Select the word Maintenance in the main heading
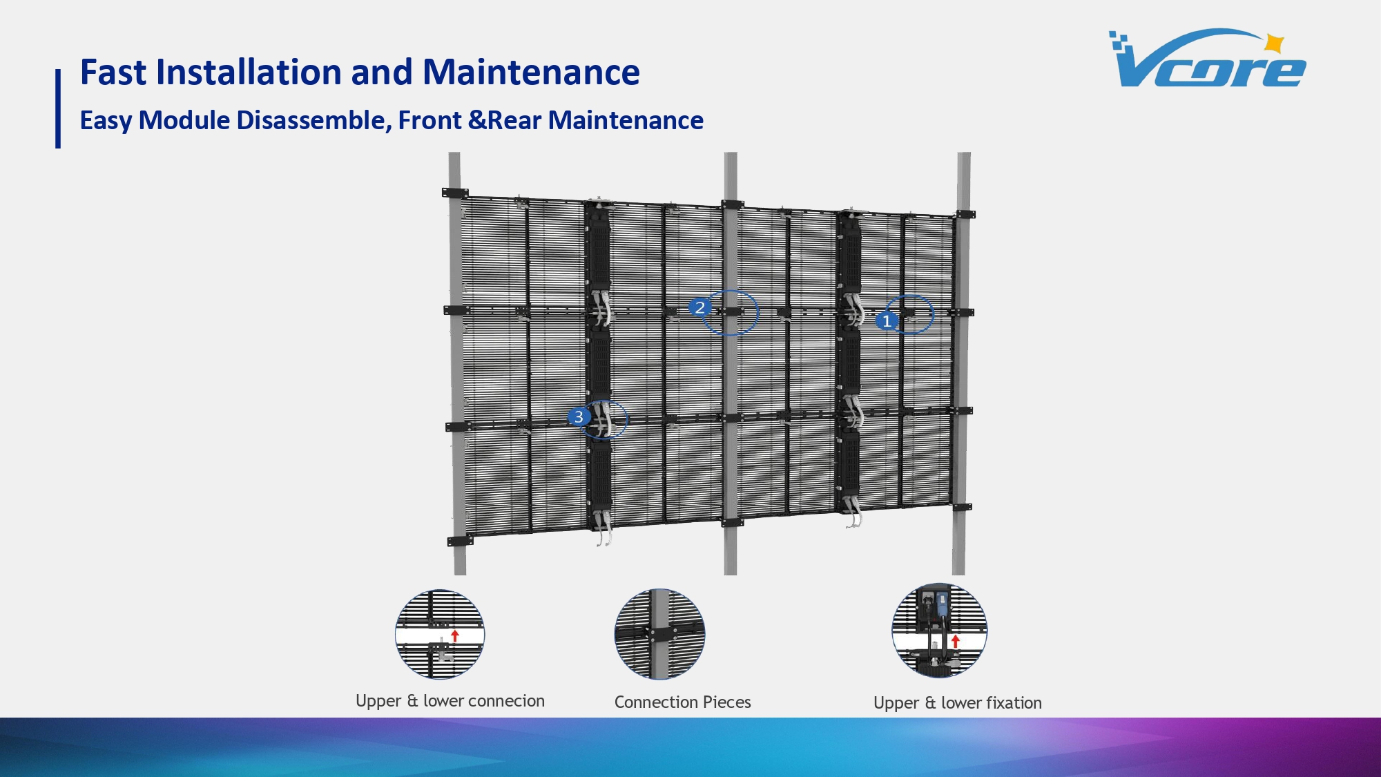pos(531,72)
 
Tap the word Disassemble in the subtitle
pos(313,120)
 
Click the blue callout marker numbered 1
pos(887,321)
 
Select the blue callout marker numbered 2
pos(699,307)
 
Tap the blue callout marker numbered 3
pos(579,417)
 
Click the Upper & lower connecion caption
pos(450,701)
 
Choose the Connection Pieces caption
pos(682,702)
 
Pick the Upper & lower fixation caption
pos(957,703)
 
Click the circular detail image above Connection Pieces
pos(659,634)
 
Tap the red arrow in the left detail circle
pos(454,635)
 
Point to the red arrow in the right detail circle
pos(955,641)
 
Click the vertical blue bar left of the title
pos(58,108)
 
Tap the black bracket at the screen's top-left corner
pos(455,193)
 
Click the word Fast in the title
pos(113,72)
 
